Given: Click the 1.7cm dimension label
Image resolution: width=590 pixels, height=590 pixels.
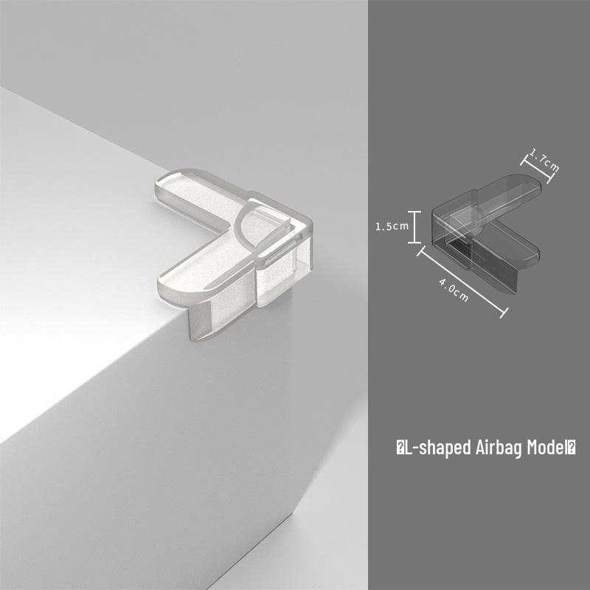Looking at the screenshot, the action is point(544,159).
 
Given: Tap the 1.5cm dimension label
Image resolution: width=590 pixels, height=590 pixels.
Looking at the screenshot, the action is point(392,226).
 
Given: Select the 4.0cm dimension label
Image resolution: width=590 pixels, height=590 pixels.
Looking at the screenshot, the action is point(454,290).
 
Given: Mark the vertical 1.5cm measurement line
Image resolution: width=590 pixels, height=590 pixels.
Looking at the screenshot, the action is point(414,227).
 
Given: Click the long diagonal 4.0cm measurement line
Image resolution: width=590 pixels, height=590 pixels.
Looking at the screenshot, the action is point(462,282).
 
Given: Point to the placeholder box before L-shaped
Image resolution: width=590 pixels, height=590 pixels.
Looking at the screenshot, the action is point(400,448).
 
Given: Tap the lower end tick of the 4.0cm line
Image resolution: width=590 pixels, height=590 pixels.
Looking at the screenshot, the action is point(504,313).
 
